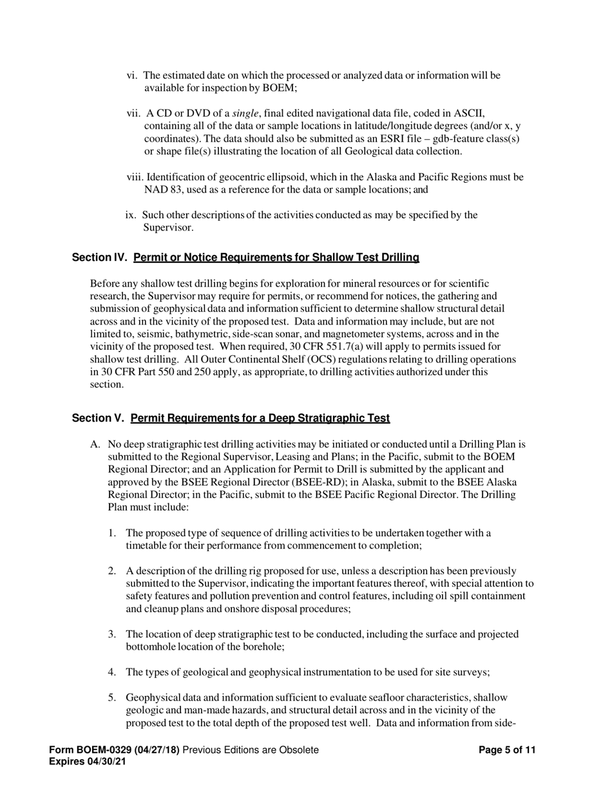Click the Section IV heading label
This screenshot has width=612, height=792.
tap(100, 258)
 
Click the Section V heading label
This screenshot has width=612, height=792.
tap(98, 419)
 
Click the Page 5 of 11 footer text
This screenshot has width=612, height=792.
tap(508, 750)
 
